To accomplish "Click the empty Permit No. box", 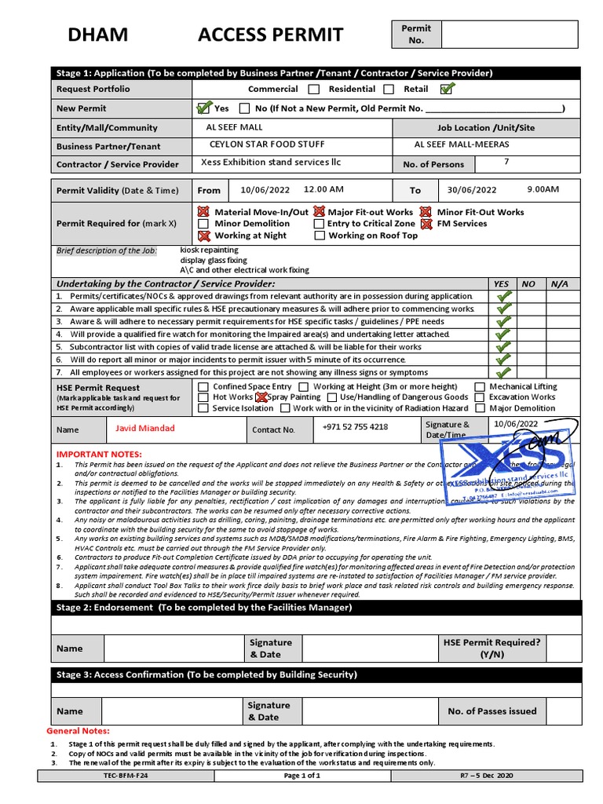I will coord(509,35).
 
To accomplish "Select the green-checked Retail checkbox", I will coord(447,89).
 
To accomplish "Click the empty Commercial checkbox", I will coord(314,90).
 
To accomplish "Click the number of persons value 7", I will coord(506,163).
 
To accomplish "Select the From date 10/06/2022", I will coord(265,190).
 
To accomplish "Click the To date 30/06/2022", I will coord(472,190).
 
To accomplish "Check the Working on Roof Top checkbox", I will coord(320,236).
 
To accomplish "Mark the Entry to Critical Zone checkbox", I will coord(320,224).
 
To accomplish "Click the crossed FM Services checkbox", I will coord(426,224).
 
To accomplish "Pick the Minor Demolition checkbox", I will coord(204,224).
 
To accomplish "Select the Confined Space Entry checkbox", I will coord(204,387).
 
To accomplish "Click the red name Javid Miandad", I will coord(145,429).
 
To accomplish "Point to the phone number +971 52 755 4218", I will coord(355,427).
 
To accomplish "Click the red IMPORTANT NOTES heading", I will coord(99,455).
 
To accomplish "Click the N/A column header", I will coord(560,283).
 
